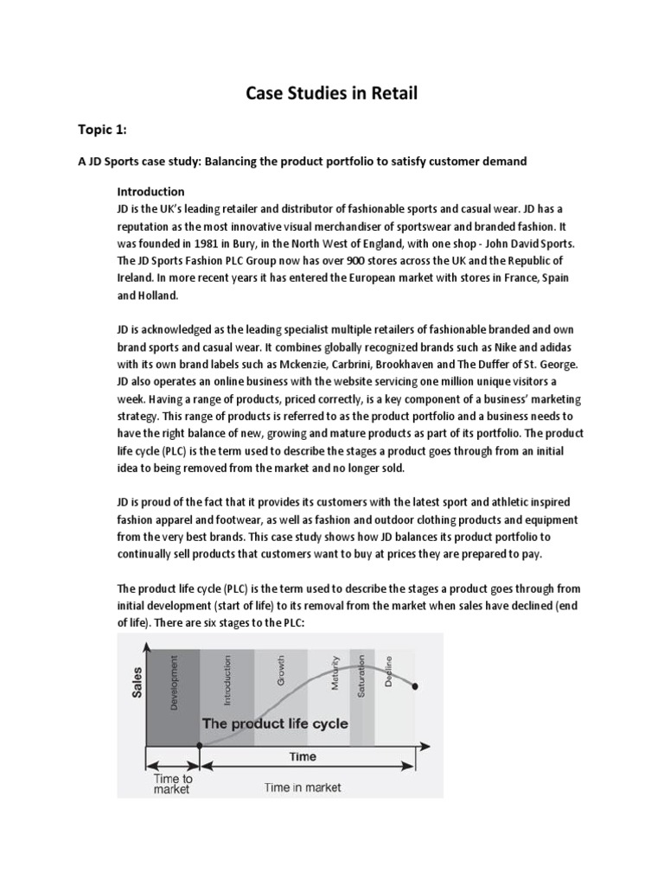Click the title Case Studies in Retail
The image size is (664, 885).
coord(331,92)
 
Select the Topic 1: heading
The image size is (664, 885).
coord(102,129)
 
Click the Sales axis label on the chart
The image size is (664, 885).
coord(137,683)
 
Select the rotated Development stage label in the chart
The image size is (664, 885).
coord(176,683)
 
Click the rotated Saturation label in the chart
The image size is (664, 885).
coord(362,676)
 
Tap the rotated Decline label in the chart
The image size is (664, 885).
coord(388,672)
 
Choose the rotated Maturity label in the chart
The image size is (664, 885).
coord(334,674)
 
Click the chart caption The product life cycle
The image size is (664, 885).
coord(275,723)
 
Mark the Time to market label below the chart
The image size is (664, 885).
coord(173,784)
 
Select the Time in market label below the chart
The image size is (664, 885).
coord(303,786)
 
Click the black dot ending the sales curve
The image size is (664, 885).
coord(416,686)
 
